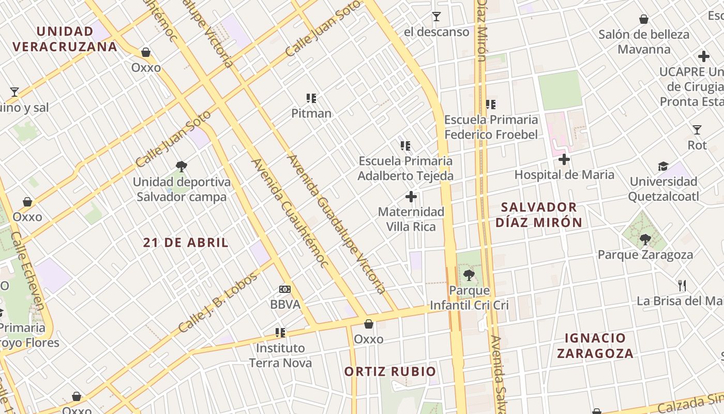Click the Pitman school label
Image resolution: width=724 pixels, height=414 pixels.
tap(311, 113)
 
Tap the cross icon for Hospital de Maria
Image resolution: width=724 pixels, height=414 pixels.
tap(564, 159)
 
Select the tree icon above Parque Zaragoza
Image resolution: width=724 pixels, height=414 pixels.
tap(645, 239)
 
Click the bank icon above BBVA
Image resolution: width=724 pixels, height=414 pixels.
tap(285, 289)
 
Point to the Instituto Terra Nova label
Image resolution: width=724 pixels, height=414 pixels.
tap(281, 355)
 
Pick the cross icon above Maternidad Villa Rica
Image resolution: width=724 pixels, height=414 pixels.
tap(411, 197)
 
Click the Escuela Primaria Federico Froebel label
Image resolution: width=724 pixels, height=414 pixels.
tap(491, 127)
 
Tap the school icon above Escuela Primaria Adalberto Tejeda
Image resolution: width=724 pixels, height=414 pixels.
tap(405, 146)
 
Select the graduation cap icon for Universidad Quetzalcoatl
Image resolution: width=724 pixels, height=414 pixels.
tap(663, 166)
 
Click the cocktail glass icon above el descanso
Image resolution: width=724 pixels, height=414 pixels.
tap(436, 17)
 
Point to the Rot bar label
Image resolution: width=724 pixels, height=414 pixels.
tap(697, 145)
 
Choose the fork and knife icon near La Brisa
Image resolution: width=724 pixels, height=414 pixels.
tap(682, 285)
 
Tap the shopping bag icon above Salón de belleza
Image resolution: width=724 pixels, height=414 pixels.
tap(644, 20)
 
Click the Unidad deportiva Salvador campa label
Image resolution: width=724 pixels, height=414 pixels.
tap(182, 189)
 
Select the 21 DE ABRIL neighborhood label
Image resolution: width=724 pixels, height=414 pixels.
tap(186, 243)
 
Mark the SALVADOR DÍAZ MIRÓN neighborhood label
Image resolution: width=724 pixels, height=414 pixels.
tap(539, 215)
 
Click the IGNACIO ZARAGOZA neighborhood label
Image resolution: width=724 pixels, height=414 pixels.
tap(599, 346)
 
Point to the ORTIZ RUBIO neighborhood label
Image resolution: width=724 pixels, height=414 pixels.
tap(390, 372)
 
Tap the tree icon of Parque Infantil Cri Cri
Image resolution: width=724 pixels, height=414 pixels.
tap(469, 275)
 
